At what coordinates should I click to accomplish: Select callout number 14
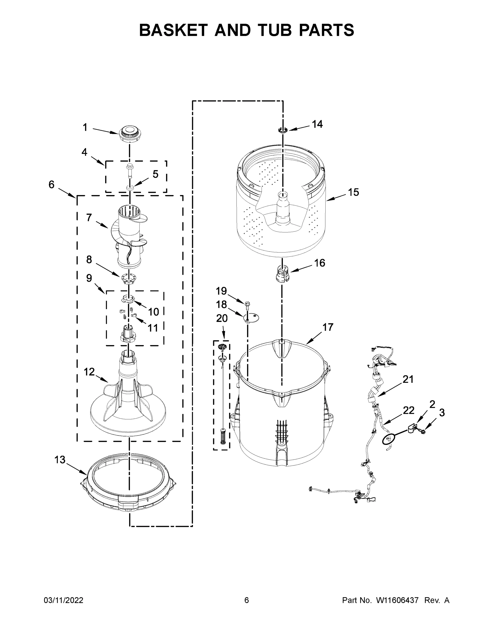pos(317,124)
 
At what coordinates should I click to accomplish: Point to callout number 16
pos(319,263)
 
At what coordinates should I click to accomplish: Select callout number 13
pos(60,460)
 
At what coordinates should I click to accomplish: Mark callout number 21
pos(408,379)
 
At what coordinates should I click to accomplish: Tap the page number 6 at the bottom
pos(247,600)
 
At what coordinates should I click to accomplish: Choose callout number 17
pos(328,328)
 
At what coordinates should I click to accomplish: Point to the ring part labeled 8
pos(129,279)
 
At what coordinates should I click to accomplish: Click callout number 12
pos(89,372)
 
